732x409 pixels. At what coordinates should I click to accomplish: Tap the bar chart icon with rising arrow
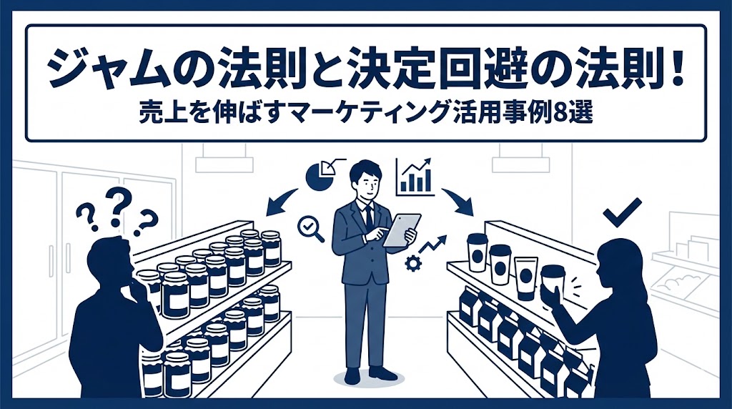[414, 177]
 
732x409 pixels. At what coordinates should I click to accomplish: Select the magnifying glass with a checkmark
[310, 229]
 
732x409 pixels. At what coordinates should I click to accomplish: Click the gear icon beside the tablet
[412, 264]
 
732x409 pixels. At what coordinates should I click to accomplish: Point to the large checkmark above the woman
[622, 212]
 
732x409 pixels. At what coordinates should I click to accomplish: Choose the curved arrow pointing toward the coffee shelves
[458, 201]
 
